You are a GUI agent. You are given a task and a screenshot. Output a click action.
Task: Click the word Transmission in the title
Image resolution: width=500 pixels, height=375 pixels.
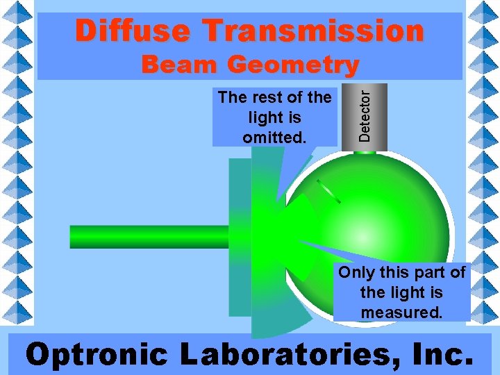click(312, 31)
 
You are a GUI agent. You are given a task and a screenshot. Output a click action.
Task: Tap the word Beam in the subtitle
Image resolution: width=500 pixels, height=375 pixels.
click(181, 65)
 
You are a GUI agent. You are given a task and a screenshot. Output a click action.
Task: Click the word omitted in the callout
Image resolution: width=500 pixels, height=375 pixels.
click(274, 137)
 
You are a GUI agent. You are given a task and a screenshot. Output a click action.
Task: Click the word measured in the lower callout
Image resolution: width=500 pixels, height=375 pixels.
click(401, 312)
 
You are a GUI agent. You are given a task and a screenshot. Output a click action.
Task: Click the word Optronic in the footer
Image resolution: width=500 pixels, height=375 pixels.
click(97, 354)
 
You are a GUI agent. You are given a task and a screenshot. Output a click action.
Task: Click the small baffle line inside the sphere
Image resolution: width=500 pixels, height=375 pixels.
click(328, 192)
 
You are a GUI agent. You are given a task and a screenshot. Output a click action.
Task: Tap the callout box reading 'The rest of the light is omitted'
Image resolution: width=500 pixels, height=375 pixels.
click(274, 117)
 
